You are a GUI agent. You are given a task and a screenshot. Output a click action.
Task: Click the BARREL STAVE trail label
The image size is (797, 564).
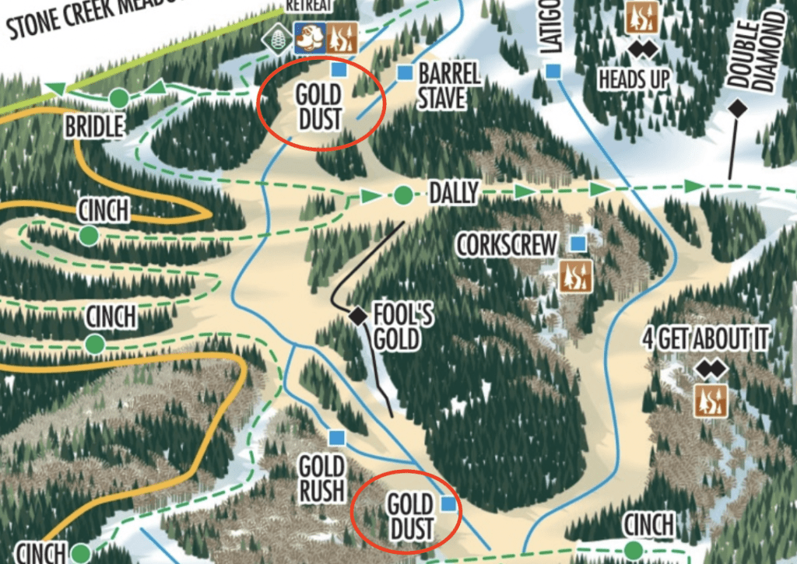(449, 86)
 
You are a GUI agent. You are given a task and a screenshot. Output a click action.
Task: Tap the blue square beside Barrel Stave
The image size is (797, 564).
(404, 73)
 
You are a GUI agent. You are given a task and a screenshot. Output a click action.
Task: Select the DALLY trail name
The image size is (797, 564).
(454, 192)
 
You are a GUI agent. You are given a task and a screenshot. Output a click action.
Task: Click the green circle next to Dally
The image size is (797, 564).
(402, 194)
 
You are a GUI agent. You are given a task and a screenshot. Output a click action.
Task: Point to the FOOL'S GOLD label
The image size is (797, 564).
(401, 328)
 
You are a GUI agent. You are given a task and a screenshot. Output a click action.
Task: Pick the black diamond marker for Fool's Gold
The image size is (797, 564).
(357, 315)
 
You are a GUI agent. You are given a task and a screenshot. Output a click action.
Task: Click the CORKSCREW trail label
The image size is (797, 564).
(507, 245)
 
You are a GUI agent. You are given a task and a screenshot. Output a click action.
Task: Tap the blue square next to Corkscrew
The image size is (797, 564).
(578, 244)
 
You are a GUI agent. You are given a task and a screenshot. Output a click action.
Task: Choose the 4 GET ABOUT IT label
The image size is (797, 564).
(705, 339)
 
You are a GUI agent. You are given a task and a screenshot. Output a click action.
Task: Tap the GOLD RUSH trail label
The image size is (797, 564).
(321, 478)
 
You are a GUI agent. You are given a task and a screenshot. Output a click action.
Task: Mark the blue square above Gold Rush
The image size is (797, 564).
(336, 437)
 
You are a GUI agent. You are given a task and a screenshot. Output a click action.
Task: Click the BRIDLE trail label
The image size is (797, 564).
(93, 126)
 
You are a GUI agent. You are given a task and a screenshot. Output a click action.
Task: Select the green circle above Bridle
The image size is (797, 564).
(118, 98)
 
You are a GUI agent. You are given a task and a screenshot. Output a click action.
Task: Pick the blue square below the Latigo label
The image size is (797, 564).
(553, 72)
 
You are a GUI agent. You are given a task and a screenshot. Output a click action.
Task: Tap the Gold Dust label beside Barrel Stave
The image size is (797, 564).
(318, 107)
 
